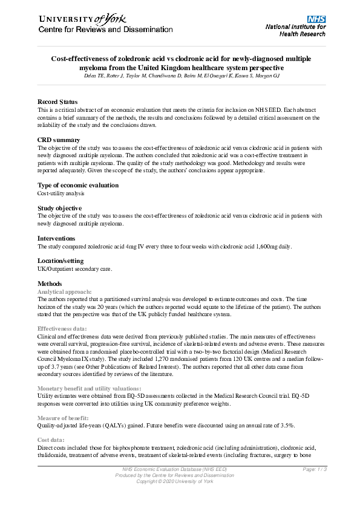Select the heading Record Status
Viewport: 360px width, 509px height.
57,101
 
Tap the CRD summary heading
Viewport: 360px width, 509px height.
59,140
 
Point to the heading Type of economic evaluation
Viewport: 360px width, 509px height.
78,185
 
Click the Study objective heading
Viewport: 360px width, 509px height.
60,208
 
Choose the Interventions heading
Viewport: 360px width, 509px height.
56,238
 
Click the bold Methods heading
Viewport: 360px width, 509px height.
50,284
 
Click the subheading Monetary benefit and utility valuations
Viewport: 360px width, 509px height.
90,387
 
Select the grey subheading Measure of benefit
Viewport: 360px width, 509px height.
64,417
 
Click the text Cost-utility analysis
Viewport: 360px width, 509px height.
61,193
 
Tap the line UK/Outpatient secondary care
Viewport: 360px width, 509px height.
75,268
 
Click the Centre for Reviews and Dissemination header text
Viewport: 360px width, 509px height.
106,30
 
